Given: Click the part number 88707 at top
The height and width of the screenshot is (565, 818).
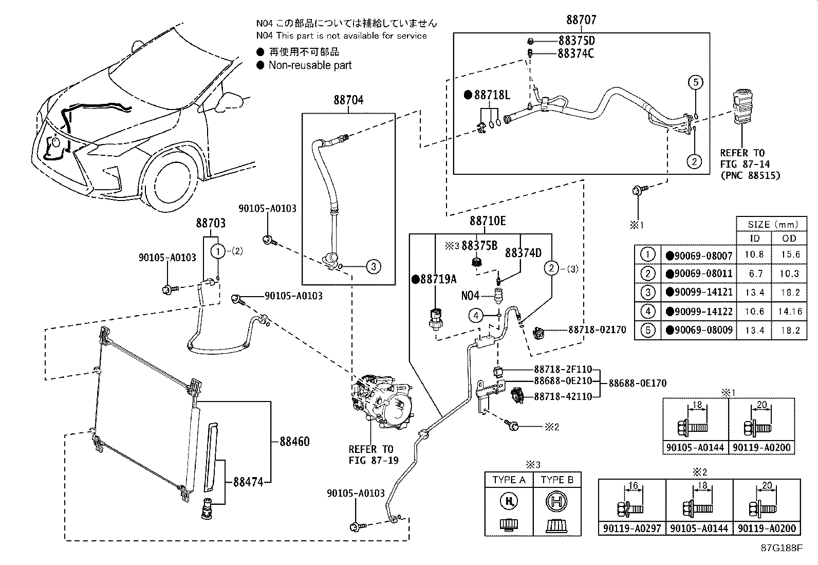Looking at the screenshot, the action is pyautogui.click(x=581, y=20).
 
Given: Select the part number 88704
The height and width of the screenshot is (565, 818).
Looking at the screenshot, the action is pyautogui.click(x=348, y=100).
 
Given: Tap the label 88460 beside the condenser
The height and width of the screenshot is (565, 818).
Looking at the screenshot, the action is pyautogui.click(x=295, y=442).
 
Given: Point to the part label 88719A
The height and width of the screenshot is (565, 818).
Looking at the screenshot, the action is pyautogui.click(x=434, y=279).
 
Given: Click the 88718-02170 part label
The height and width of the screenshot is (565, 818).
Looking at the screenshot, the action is pyautogui.click(x=597, y=330).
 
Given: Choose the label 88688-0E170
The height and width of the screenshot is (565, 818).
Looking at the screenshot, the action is pyautogui.click(x=638, y=383).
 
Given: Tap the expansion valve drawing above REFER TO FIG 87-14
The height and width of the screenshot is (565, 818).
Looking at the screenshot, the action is pyautogui.click(x=742, y=107).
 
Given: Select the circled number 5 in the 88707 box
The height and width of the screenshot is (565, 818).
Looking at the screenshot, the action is pyautogui.click(x=696, y=82).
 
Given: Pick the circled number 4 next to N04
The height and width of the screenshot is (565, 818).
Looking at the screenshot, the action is pyautogui.click(x=476, y=315).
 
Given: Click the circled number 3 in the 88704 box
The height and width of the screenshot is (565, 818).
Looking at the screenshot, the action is pyautogui.click(x=373, y=266).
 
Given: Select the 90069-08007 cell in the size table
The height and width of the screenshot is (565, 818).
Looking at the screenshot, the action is pyautogui.click(x=699, y=255).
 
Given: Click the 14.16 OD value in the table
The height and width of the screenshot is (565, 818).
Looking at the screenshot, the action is pyautogui.click(x=790, y=312).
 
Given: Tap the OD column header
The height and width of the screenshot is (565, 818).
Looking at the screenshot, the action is pyautogui.click(x=789, y=238).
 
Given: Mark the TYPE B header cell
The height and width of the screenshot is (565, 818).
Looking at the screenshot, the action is pyautogui.click(x=557, y=480).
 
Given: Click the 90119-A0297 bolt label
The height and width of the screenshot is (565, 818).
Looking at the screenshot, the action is pyautogui.click(x=632, y=528).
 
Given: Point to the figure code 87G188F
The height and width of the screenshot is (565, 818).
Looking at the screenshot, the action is pyautogui.click(x=782, y=548).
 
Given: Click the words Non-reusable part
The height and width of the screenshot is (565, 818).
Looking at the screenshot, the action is pyautogui.click(x=310, y=65).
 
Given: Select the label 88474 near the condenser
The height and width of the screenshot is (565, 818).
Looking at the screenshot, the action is pyautogui.click(x=248, y=482).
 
